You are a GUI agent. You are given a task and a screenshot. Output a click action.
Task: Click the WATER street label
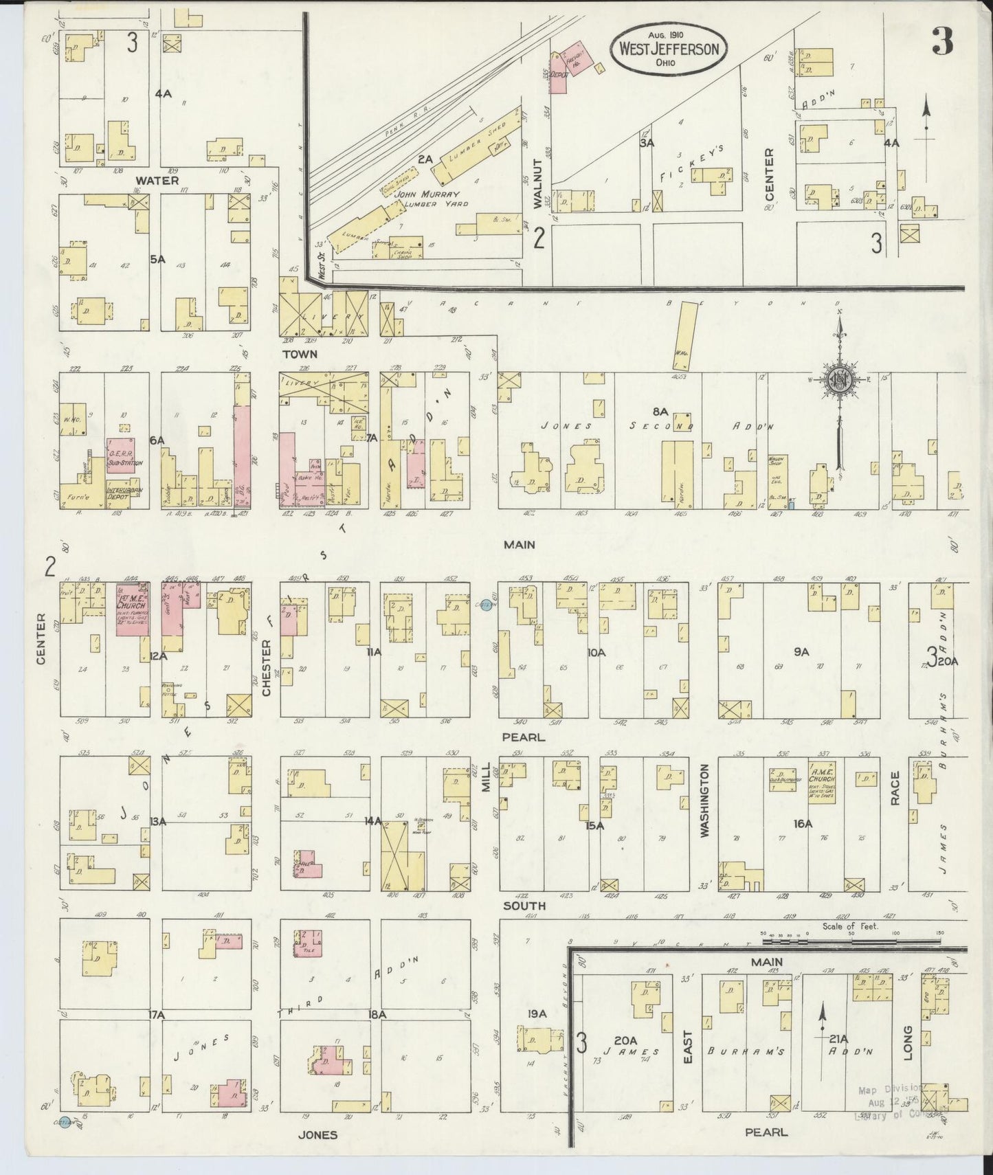point(157,181)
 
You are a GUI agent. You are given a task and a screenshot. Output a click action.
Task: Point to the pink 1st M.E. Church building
point(132,609)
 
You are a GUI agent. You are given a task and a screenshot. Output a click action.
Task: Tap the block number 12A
point(158,657)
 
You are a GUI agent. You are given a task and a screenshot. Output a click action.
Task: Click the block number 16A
point(802,823)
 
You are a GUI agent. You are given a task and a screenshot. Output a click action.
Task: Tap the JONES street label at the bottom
point(317,1134)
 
